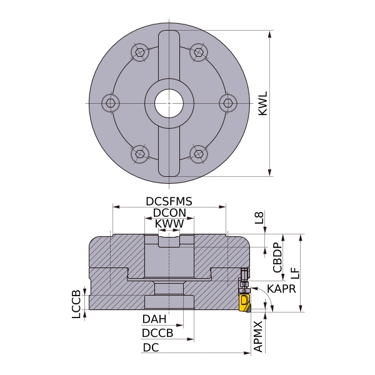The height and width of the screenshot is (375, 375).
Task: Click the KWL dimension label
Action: click(x=263, y=103)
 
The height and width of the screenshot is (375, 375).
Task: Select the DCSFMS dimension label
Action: click(x=169, y=201)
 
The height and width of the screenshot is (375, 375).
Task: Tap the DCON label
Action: click(x=169, y=212)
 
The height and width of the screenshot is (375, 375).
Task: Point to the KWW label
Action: click(x=169, y=224)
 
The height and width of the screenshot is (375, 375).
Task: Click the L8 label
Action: click(x=259, y=217)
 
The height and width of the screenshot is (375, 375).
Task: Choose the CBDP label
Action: click(x=277, y=257)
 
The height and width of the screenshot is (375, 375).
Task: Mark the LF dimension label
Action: click(x=296, y=273)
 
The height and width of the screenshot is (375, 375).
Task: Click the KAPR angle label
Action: click(x=281, y=289)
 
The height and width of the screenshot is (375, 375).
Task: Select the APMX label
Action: click(x=258, y=336)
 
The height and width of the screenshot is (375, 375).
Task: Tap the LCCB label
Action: click(x=76, y=304)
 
